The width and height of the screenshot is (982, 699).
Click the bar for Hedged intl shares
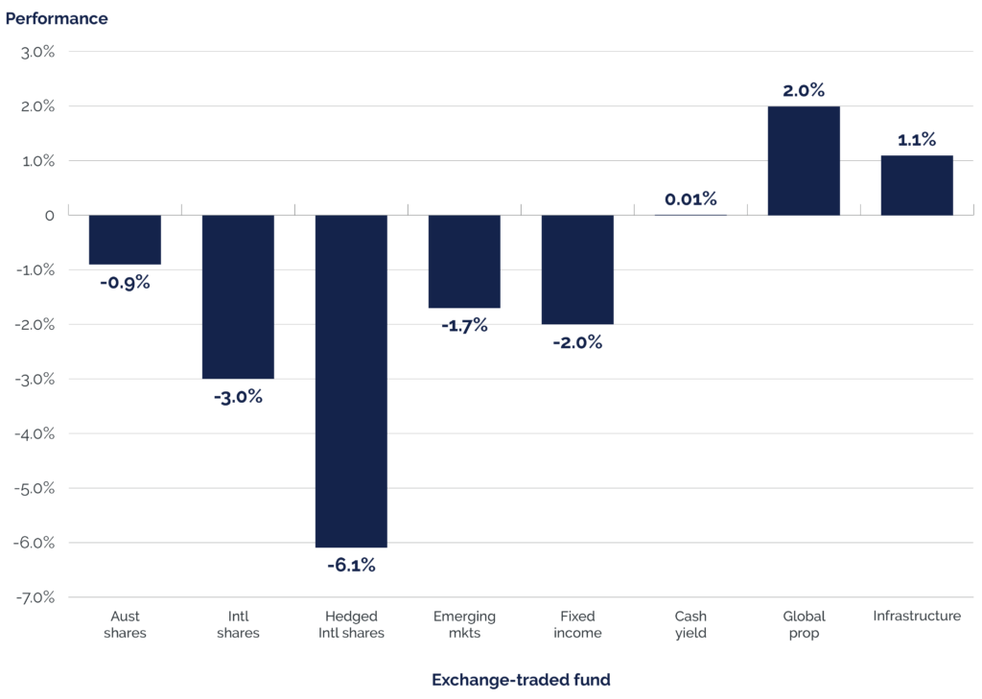click(351, 381)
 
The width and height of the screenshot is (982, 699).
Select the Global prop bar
click(804, 160)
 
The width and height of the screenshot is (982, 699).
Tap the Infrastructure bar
click(917, 184)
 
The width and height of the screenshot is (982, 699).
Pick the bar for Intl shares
click(238, 296)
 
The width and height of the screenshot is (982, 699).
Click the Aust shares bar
click(125, 240)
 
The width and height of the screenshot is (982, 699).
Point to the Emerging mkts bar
click(464, 262)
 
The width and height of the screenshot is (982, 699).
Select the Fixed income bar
click(577, 269)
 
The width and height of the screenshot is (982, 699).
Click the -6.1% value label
click(351, 566)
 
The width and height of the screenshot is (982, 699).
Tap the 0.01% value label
click(690, 199)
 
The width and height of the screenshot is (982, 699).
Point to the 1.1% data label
click(917, 140)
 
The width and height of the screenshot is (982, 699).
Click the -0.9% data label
click(125, 283)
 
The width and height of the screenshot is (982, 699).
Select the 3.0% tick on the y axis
click(37, 52)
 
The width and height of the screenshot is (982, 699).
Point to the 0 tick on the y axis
click(49, 216)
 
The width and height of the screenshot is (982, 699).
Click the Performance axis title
click(57, 18)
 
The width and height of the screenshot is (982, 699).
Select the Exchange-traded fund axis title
click(521, 680)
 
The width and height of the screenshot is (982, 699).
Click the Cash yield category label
click(690, 624)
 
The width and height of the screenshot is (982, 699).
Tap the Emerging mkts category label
click(464, 624)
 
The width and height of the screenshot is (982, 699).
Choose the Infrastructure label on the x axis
click(917, 616)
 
